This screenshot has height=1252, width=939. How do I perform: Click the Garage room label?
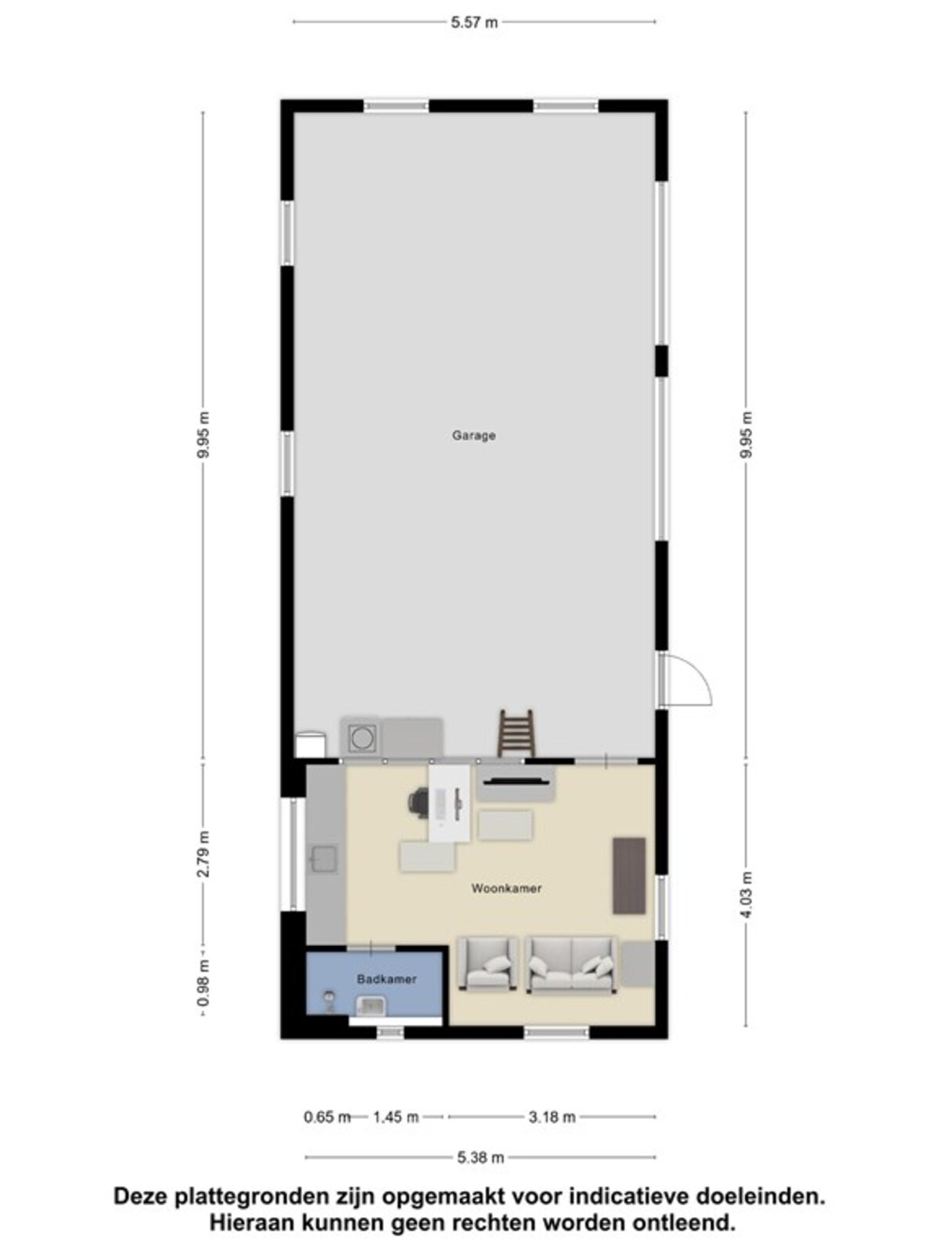pyautogui.click(x=473, y=435)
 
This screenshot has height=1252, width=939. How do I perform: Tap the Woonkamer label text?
pyautogui.click(x=506, y=888)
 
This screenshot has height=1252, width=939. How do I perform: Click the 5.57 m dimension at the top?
pyautogui.click(x=474, y=22)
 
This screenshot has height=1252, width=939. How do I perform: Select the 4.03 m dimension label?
pyautogui.click(x=746, y=894)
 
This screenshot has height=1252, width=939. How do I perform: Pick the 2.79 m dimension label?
pyautogui.click(x=203, y=854)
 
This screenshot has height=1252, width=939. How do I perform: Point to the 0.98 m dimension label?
pyautogui.click(x=203, y=984)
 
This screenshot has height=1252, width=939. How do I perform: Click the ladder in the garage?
pyautogui.click(x=516, y=733)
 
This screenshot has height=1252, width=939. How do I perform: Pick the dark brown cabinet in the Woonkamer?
pyautogui.click(x=629, y=876)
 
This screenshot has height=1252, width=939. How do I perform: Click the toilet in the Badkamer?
pyautogui.click(x=329, y=1001)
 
